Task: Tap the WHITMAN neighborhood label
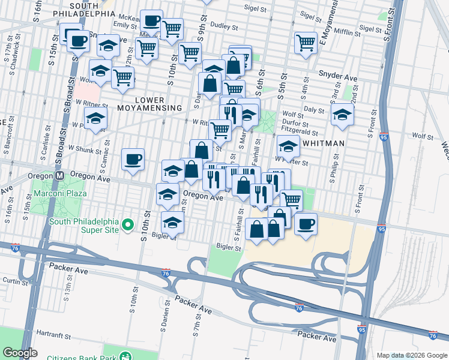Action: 324,143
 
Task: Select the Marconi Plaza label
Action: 60,193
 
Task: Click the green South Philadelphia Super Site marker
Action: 127,224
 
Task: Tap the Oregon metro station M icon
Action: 59,176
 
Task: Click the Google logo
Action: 20,352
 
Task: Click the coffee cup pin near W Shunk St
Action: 133,160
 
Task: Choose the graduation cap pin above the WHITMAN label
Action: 288,146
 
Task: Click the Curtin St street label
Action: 12,280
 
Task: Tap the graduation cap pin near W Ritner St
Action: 95,119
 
